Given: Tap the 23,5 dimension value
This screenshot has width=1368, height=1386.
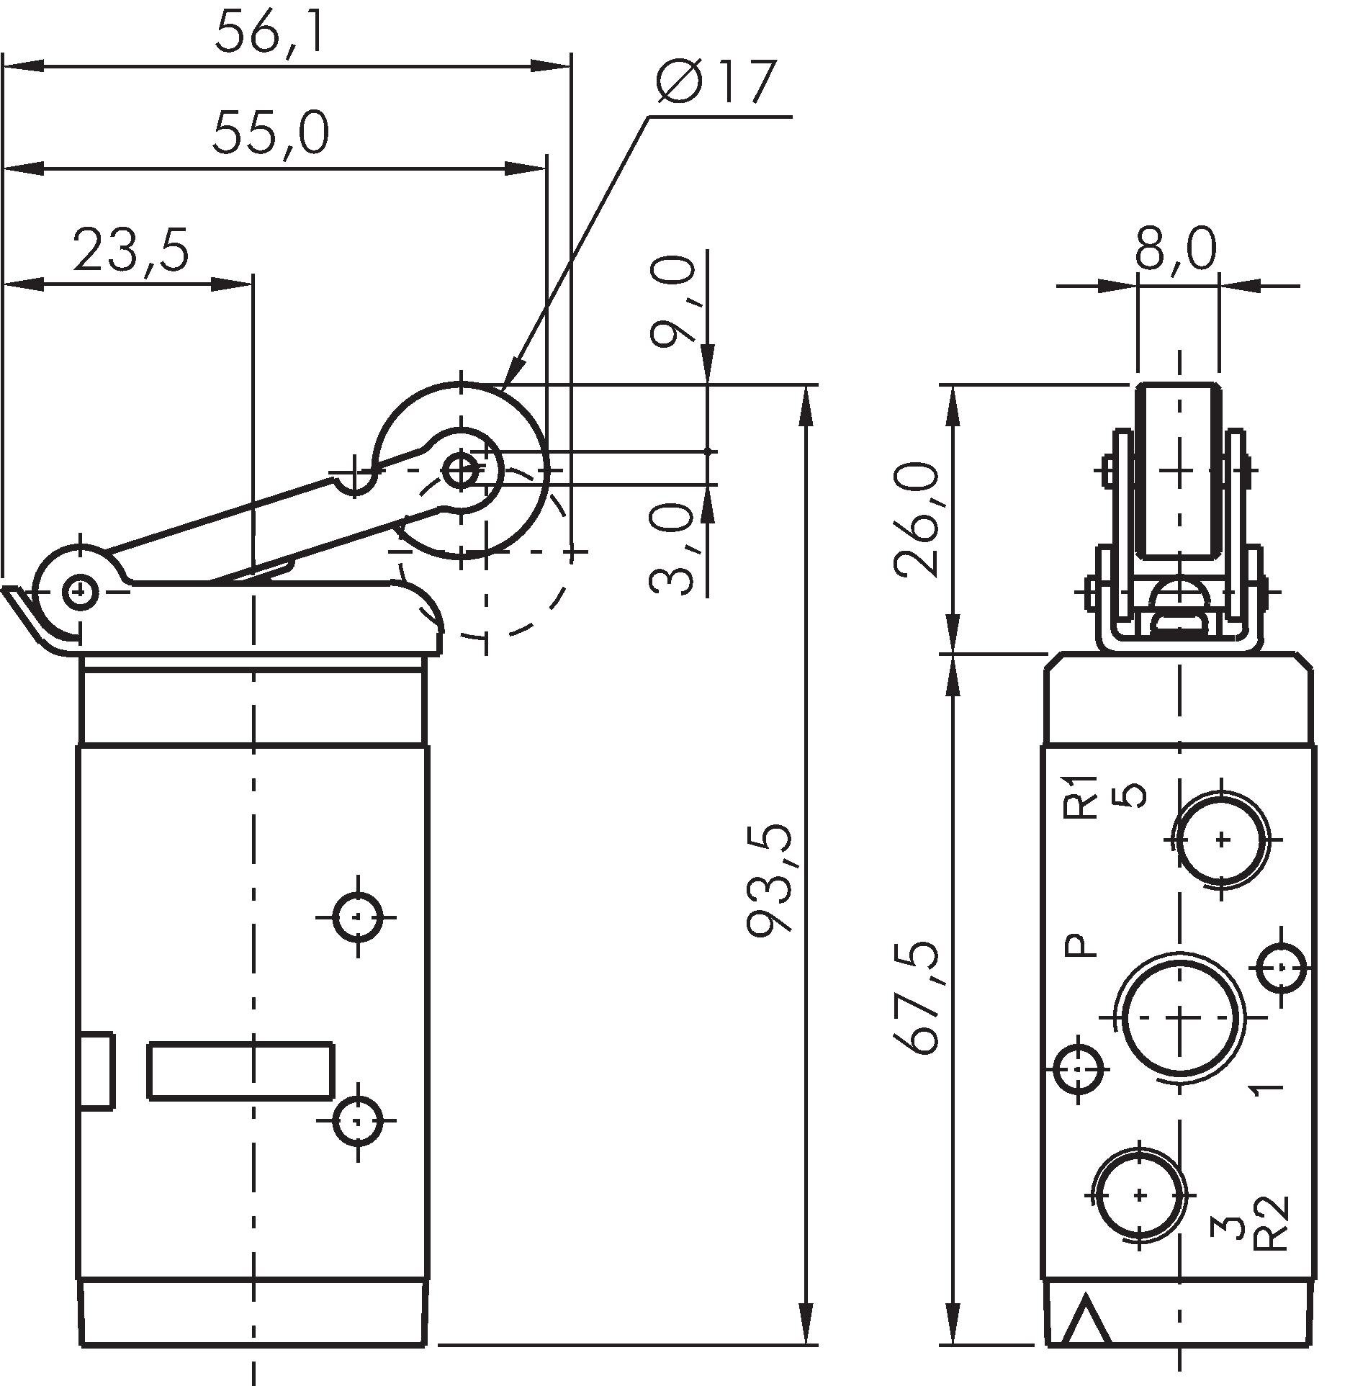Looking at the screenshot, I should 131,250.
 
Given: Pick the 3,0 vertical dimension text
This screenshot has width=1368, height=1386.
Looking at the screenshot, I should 672,549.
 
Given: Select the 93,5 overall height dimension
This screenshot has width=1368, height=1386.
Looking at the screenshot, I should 770,880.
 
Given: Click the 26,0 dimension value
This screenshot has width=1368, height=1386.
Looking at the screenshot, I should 917,520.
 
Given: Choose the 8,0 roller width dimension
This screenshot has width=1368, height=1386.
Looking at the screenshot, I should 1176,248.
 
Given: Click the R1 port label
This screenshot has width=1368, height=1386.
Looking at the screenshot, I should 1081,797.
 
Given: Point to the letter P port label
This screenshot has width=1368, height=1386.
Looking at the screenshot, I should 1081,945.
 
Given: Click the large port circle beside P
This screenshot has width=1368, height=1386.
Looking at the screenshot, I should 1179,1017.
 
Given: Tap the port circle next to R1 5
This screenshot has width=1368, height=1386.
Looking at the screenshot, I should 1222,839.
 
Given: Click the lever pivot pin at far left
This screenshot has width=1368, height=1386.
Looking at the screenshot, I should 80,591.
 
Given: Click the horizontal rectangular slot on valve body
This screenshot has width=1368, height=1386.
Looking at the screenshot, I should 240,1070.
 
